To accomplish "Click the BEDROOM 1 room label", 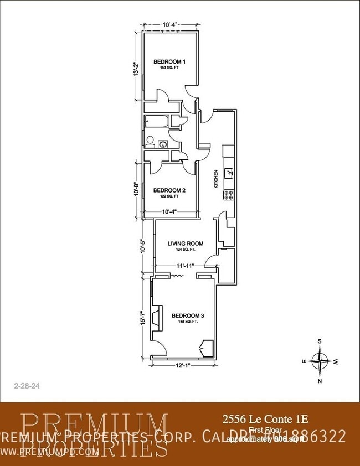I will pyautogui.click(x=169, y=61).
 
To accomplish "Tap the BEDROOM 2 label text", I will pyautogui.click(x=169, y=190).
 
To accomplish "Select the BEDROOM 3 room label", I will pyautogui.click(x=188, y=315).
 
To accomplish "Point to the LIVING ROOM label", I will pyautogui.click(x=186, y=244).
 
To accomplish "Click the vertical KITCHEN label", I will pyautogui.click(x=216, y=179).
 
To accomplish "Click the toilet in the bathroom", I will pyautogui.click(x=150, y=142).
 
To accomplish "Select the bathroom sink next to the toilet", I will pyautogui.click(x=163, y=144).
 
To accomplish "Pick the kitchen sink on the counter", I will pyautogui.click(x=229, y=172).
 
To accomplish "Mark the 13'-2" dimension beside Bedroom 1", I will pyautogui.click(x=136, y=66).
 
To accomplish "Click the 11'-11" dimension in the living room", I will pyautogui.click(x=184, y=266).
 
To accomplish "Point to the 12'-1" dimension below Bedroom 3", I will pyautogui.click(x=183, y=365).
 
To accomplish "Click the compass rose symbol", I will pyautogui.click(x=320, y=361).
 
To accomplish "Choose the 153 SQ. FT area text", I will pyautogui.click(x=169, y=68).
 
